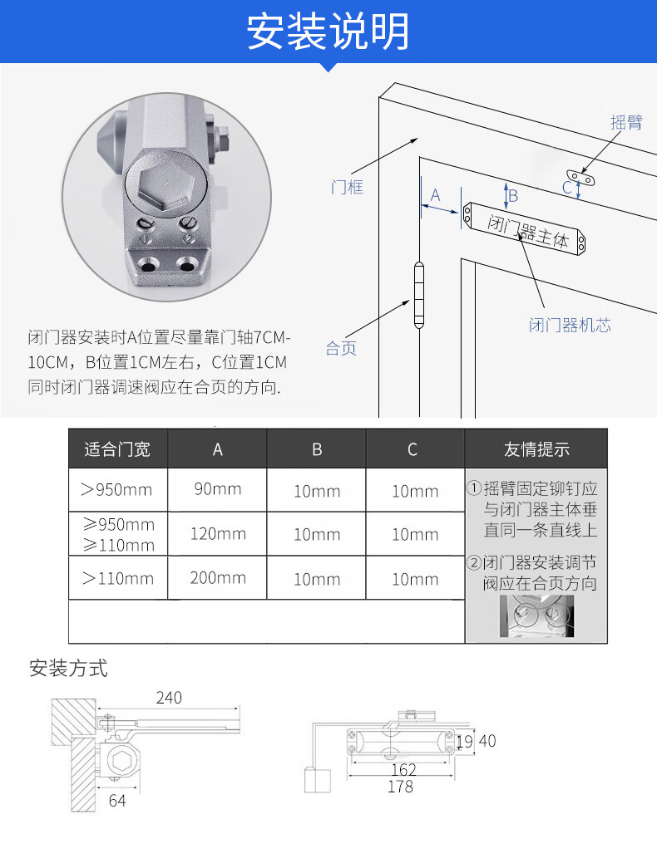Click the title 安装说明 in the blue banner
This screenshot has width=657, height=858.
[x=328, y=32]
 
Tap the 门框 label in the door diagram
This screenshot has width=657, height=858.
[x=347, y=187]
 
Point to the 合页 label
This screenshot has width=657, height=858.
[x=341, y=348]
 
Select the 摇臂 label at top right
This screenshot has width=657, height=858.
[x=626, y=122]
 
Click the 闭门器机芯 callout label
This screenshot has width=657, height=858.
[x=570, y=325]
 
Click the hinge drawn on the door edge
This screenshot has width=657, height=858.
[x=418, y=296]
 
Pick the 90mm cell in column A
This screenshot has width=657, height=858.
[x=218, y=488]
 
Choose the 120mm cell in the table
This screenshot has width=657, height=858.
[x=218, y=533]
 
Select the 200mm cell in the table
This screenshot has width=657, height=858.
[x=218, y=578]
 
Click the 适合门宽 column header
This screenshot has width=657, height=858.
[x=117, y=449]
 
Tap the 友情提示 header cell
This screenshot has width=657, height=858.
[x=536, y=449]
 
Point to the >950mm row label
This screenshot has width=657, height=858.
[x=116, y=489]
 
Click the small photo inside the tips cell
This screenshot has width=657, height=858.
[x=536, y=616]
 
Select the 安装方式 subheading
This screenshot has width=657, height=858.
[x=68, y=668]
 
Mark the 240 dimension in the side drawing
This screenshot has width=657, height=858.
[x=169, y=698]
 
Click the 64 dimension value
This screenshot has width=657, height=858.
[x=117, y=801]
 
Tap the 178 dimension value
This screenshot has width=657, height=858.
[x=400, y=787]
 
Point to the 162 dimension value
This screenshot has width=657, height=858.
[x=404, y=770]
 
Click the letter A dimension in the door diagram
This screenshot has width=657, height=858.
[x=436, y=195]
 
